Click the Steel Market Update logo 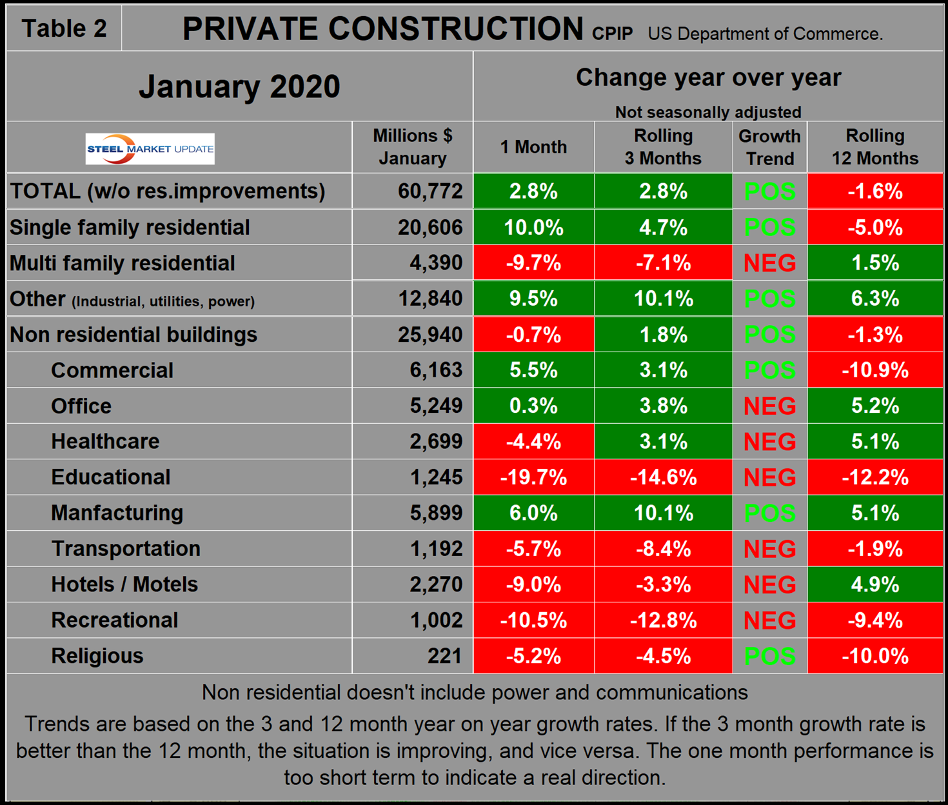(x=150, y=149)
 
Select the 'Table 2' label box (x=64, y=28)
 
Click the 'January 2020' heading (x=239, y=86)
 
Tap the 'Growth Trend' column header (x=769, y=147)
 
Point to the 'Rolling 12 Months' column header (x=874, y=147)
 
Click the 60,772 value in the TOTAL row (x=430, y=191)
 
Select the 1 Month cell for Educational (x=533, y=477)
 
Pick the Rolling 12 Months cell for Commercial (x=874, y=370)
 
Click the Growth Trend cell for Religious (x=769, y=656)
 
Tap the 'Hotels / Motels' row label (x=124, y=584)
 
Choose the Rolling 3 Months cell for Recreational (x=663, y=621)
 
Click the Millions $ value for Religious (x=444, y=656)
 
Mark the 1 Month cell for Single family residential (x=533, y=228)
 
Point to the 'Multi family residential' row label (x=123, y=263)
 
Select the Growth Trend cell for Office (x=769, y=406)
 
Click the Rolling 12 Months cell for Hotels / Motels (x=874, y=584)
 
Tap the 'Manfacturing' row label (x=117, y=513)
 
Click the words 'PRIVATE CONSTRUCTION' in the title (x=382, y=29)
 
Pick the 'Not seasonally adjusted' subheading (x=708, y=112)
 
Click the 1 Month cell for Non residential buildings (x=533, y=335)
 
